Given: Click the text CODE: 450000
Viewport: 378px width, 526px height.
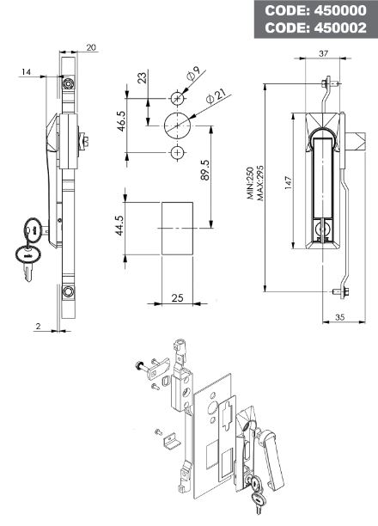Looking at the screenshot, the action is click(x=315, y=10).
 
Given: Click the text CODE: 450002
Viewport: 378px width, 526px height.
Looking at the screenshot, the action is click(x=315, y=28).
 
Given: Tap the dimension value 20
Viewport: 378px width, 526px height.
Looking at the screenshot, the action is click(x=91, y=47).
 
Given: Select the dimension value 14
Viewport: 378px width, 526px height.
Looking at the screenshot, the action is click(x=26, y=72).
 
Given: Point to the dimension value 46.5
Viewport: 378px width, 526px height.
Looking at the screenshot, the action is click(x=121, y=121).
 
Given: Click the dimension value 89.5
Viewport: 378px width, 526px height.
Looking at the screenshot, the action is click(x=205, y=169).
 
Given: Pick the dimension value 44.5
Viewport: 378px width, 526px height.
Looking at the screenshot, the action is click(x=120, y=225).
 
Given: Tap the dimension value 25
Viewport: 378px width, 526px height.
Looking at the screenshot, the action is click(x=178, y=298).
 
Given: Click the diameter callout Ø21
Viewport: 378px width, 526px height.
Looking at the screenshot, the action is click(x=216, y=96).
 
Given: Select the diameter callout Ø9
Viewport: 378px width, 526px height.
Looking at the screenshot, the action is click(x=194, y=73).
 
